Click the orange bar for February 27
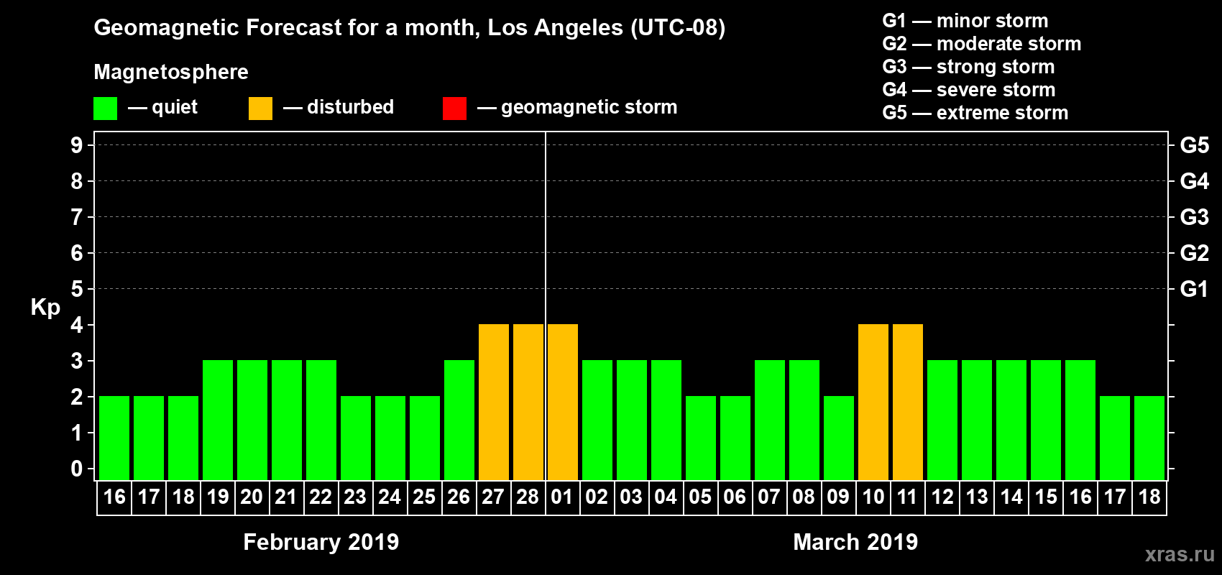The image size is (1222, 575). coord(494,402)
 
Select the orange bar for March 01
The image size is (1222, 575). coord(563,402)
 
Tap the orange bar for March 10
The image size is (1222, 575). coord(873,402)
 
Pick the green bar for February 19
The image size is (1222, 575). coord(218,420)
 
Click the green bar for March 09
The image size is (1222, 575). coord(839,438)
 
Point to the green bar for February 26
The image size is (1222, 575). coord(459,420)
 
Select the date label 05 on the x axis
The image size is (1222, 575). coord(700,497)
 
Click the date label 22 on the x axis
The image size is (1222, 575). coord(321,497)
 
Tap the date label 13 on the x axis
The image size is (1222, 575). coord(977,497)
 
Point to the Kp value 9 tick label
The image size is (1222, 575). coord(77,145)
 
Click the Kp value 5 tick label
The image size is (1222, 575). coord(77,289)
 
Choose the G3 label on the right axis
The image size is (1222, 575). coord(1194,217)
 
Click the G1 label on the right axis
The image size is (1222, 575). coord(1194,289)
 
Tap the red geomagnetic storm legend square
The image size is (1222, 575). coord(454,109)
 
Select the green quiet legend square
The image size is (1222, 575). coord(106,109)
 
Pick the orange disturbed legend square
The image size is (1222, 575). coord(260,109)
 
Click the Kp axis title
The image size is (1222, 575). coord(45,308)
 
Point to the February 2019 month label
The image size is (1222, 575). coord(321,542)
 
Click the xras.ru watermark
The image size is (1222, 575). coord(1180,554)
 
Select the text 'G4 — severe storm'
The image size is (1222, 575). coord(968,90)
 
